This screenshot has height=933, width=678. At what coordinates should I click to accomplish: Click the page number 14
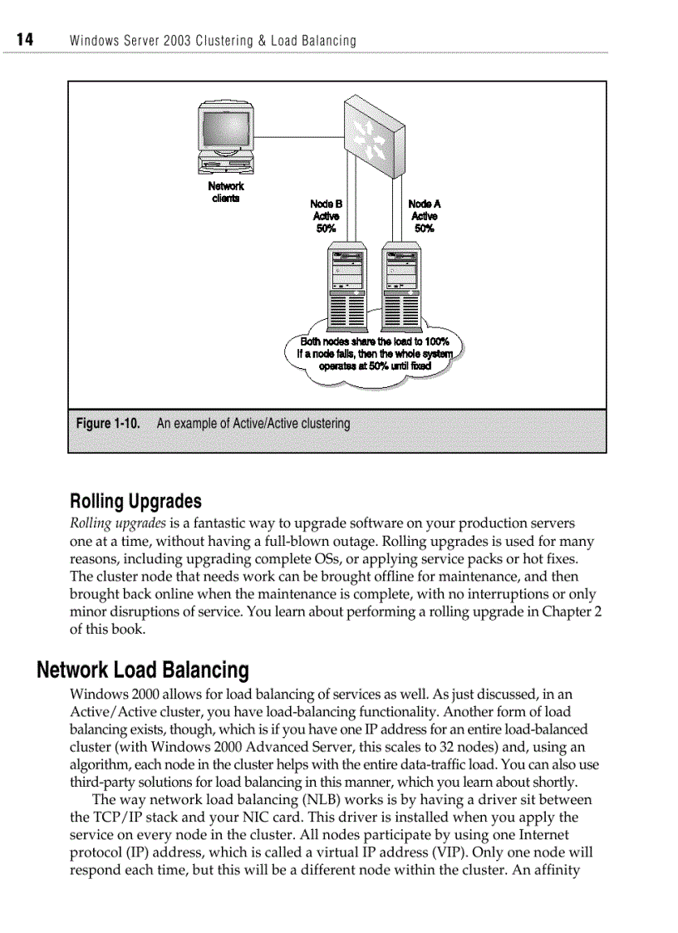(x=23, y=40)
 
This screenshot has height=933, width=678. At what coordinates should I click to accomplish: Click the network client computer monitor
(x=224, y=130)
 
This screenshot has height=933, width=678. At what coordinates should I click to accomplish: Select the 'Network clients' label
(x=225, y=192)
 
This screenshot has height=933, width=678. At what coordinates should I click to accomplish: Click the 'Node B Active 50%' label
(x=326, y=216)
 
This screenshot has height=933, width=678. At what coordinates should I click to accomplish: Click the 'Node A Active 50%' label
(x=424, y=216)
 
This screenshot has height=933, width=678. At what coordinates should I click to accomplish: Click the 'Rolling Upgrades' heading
(x=135, y=502)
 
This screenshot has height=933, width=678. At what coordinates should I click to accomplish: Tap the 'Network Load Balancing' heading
(x=143, y=670)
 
